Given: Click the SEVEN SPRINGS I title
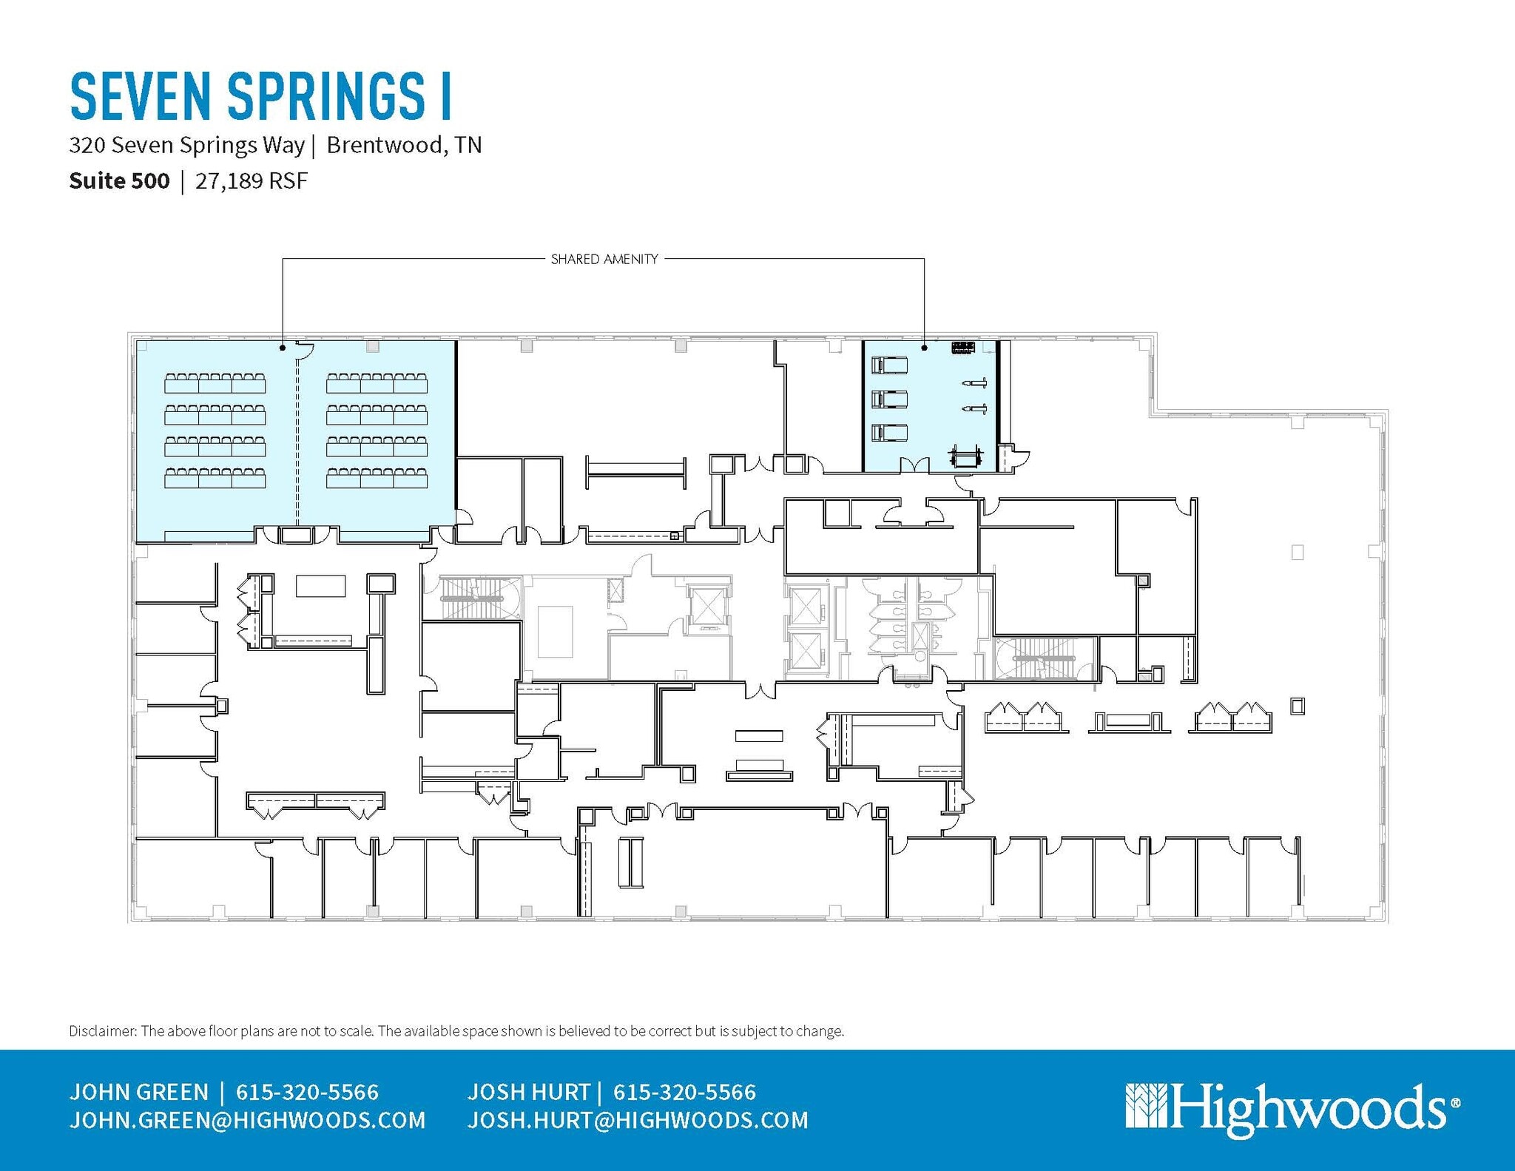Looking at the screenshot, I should pyautogui.click(x=260, y=96).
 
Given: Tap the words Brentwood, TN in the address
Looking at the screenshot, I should pyautogui.click(x=404, y=145).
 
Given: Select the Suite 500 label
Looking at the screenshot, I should pyautogui.click(x=119, y=181).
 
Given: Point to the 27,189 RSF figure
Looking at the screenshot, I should pyautogui.click(x=251, y=181).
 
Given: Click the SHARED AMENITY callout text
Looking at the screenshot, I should pyautogui.click(x=604, y=259).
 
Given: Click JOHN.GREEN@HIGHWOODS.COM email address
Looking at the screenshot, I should pyautogui.click(x=247, y=1120).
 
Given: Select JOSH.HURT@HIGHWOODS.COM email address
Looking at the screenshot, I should pyautogui.click(x=638, y=1120).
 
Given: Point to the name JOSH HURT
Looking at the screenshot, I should pyautogui.click(x=528, y=1092).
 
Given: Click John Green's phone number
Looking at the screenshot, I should pyautogui.click(x=307, y=1092).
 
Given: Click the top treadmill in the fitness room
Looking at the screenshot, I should pyautogui.click(x=889, y=365).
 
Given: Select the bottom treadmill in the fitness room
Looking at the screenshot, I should pyautogui.click(x=889, y=432).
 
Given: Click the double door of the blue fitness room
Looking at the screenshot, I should pyautogui.click(x=915, y=465).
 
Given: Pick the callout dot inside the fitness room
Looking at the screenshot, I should pyautogui.click(x=924, y=347).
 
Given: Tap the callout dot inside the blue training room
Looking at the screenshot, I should pyautogui.click(x=282, y=347).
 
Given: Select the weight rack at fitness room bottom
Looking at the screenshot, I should pyautogui.click(x=966, y=457).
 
